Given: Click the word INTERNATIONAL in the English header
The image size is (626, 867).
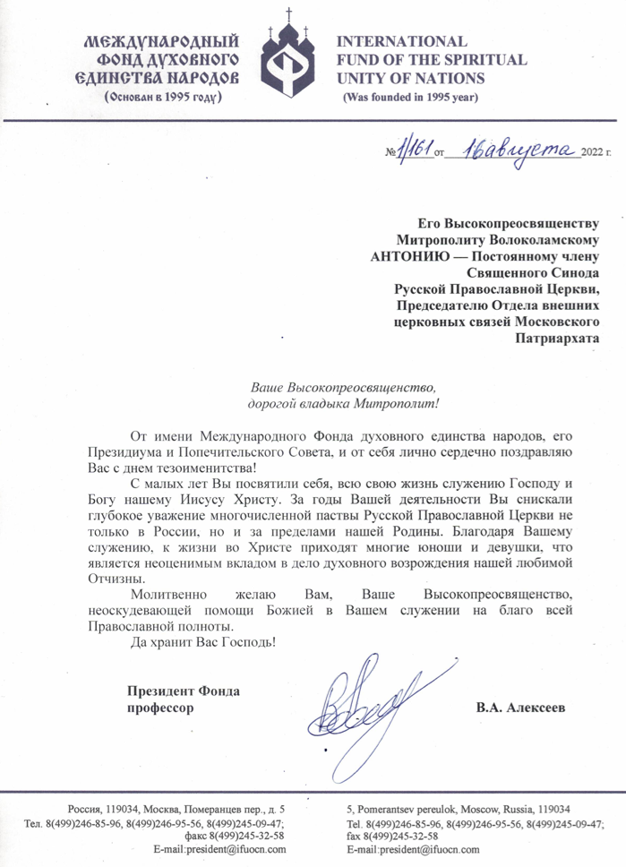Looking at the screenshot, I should pyautogui.click(x=400, y=42).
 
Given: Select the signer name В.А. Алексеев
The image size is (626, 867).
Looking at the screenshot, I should pyautogui.click(x=521, y=708).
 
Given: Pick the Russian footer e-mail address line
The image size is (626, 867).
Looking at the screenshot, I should pyautogui.click(x=220, y=848).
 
